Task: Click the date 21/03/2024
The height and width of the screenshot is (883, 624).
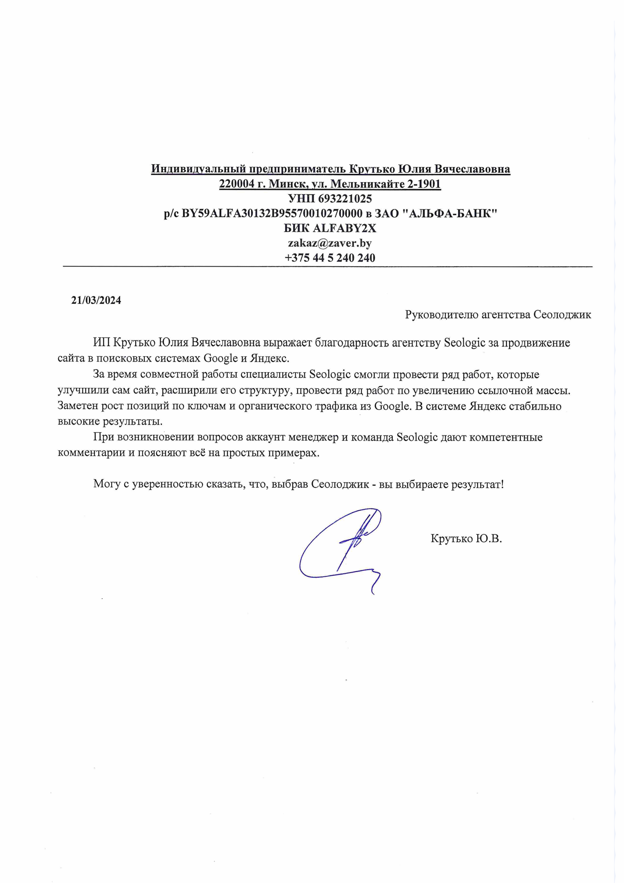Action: click(96, 300)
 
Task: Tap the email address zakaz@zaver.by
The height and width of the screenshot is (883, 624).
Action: click(330, 243)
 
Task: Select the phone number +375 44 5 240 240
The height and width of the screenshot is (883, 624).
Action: click(330, 258)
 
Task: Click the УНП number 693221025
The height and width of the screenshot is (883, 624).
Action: click(345, 198)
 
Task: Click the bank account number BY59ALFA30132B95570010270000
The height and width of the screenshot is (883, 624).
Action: click(272, 214)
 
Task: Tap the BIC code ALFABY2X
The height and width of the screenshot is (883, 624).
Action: click(345, 228)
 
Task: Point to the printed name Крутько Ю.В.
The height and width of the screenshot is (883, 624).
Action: click(466, 538)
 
